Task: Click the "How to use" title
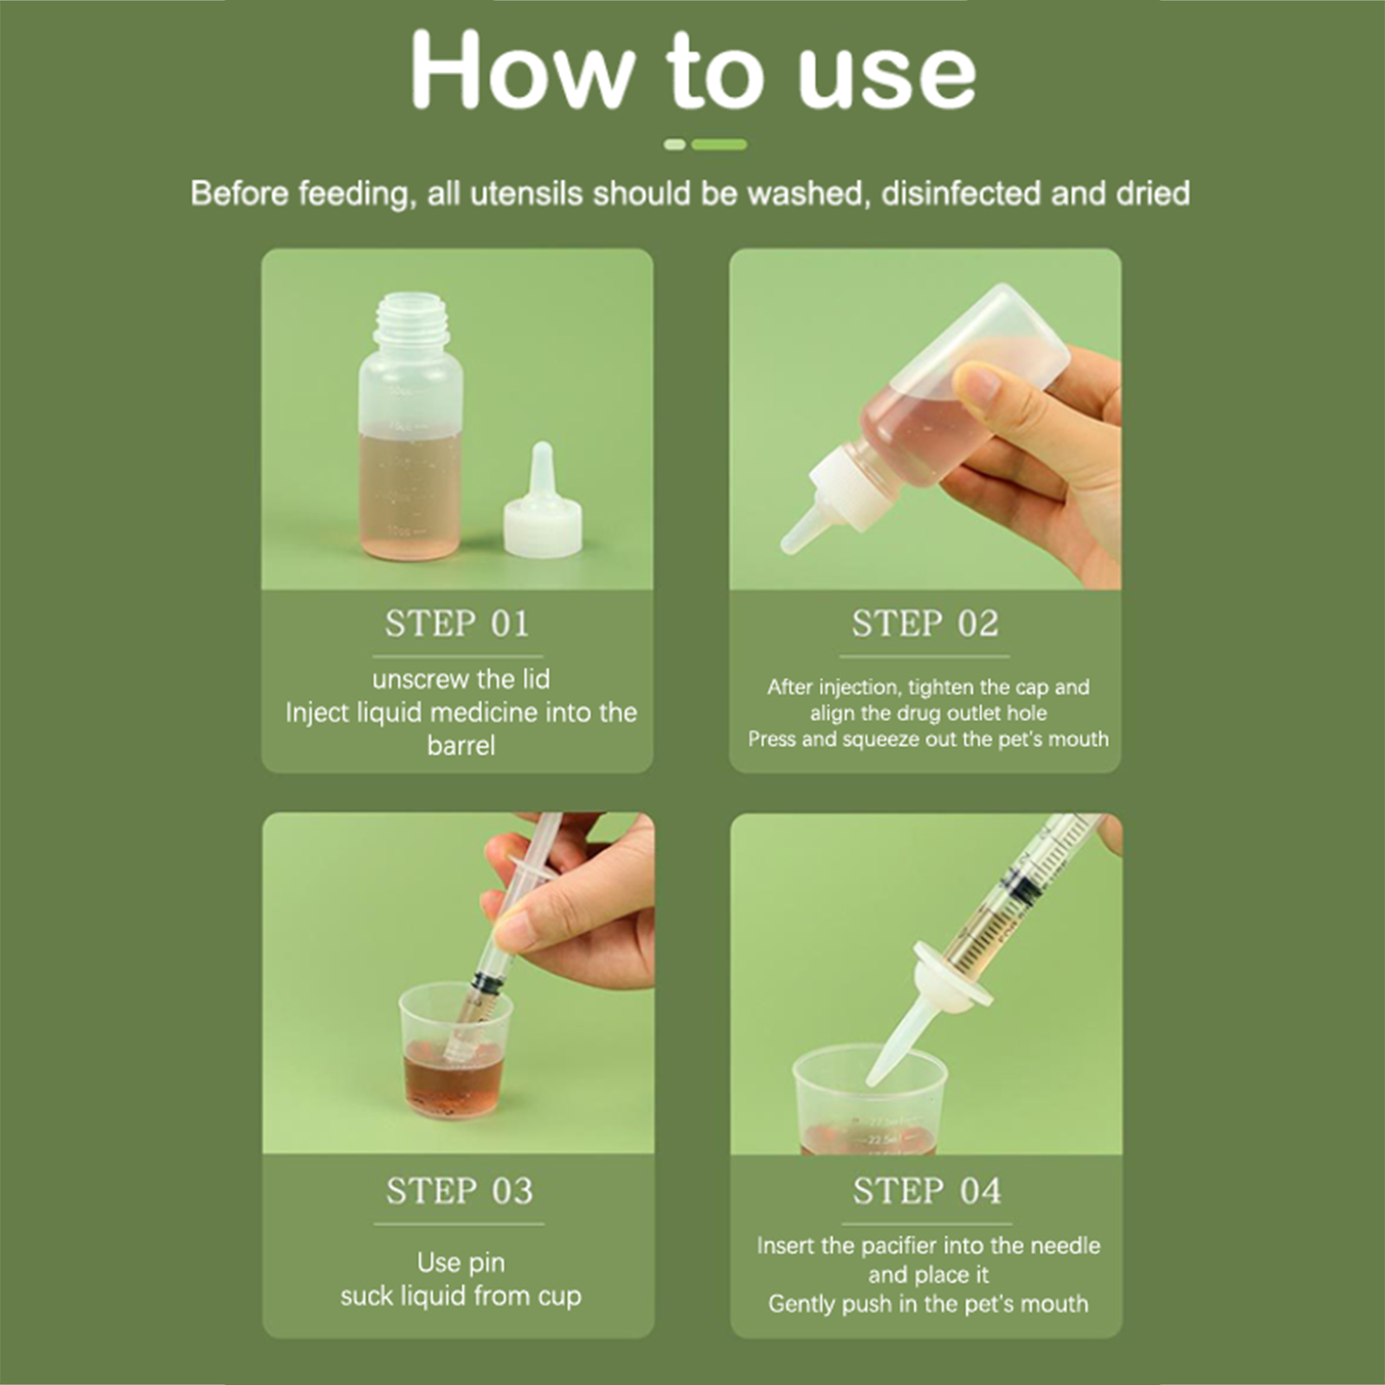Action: pos(693,71)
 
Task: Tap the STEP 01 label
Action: pos(457,623)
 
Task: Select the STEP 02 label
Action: pos(925,623)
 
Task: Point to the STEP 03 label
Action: pos(460,1191)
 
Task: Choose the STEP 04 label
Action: pos(927,1191)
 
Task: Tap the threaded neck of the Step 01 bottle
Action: pos(413,317)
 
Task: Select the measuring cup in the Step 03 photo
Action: pos(454,1049)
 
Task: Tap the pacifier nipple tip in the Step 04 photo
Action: pos(876,1078)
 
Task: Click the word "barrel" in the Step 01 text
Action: pos(461,745)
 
